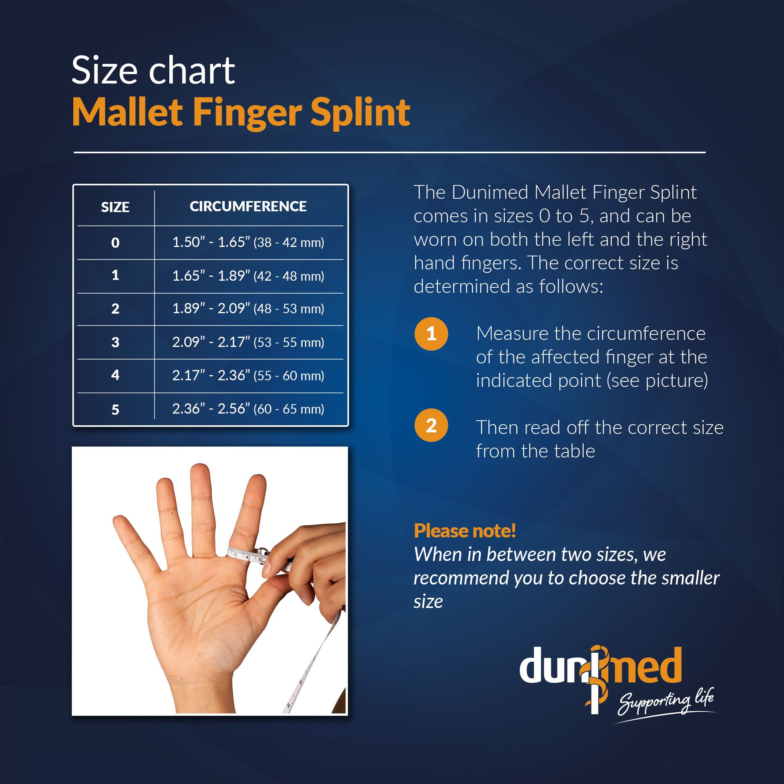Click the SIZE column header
point(115,207)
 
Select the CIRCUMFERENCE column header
point(248,206)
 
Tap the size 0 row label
point(115,242)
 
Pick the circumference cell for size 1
point(248,276)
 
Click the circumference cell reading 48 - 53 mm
point(248,309)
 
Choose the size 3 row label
point(115,342)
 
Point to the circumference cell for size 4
point(248,375)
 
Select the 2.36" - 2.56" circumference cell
point(248,408)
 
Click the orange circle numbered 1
point(431,334)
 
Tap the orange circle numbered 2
point(431,425)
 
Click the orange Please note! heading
point(465,531)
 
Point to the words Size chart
point(153,70)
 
